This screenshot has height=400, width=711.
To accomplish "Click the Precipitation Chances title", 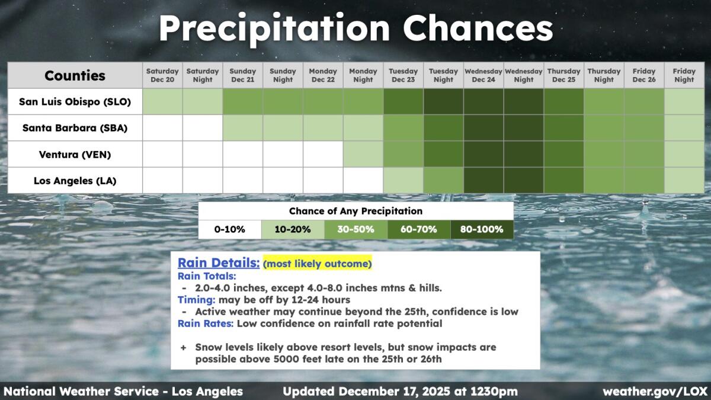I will click(355, 27).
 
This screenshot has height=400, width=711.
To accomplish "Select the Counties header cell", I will click(75, 75).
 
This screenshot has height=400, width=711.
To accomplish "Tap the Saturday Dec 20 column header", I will click(162, 75).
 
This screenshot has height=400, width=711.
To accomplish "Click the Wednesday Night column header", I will click(523, 75).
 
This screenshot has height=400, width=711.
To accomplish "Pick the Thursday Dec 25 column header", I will click(563, 75).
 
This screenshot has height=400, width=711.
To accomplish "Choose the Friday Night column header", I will click(684, 75).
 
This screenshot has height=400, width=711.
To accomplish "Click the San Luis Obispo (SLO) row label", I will click(75, 101).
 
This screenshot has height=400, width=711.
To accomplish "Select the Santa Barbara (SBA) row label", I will click(75, 127).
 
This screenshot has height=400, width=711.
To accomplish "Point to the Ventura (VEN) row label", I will click(75, 154).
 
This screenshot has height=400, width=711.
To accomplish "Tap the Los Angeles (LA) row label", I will click(75, 180).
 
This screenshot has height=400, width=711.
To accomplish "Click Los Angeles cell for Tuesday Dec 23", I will click(403, 180).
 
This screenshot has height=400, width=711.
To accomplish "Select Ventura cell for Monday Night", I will click(363, 154).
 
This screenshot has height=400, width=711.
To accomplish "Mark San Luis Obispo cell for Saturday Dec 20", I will click(162, 101).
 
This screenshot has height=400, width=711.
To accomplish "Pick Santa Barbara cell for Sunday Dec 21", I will click(242, 127).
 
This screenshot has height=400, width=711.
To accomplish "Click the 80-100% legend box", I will click(482, 229).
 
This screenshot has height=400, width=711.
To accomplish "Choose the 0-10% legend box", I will click(229, 229).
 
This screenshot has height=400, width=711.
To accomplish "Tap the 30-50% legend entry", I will click(355, 229).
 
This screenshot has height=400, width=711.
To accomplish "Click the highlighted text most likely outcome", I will click(317, 263).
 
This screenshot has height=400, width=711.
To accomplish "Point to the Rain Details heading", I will click(218, 262).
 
